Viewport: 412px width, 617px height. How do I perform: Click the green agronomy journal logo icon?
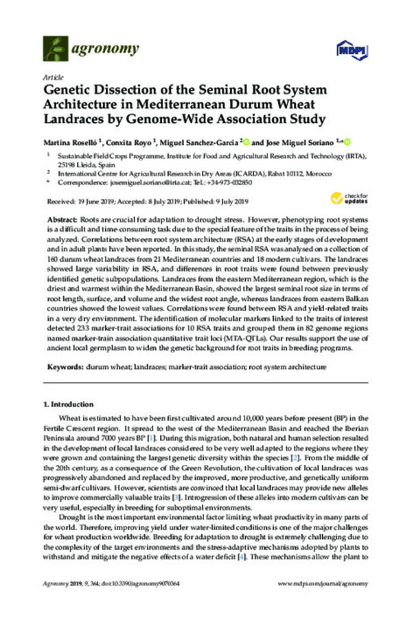pyautogui.click(x=55, y=49)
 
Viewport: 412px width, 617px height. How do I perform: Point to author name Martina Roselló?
pyautogui.click(x=72, y=142)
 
